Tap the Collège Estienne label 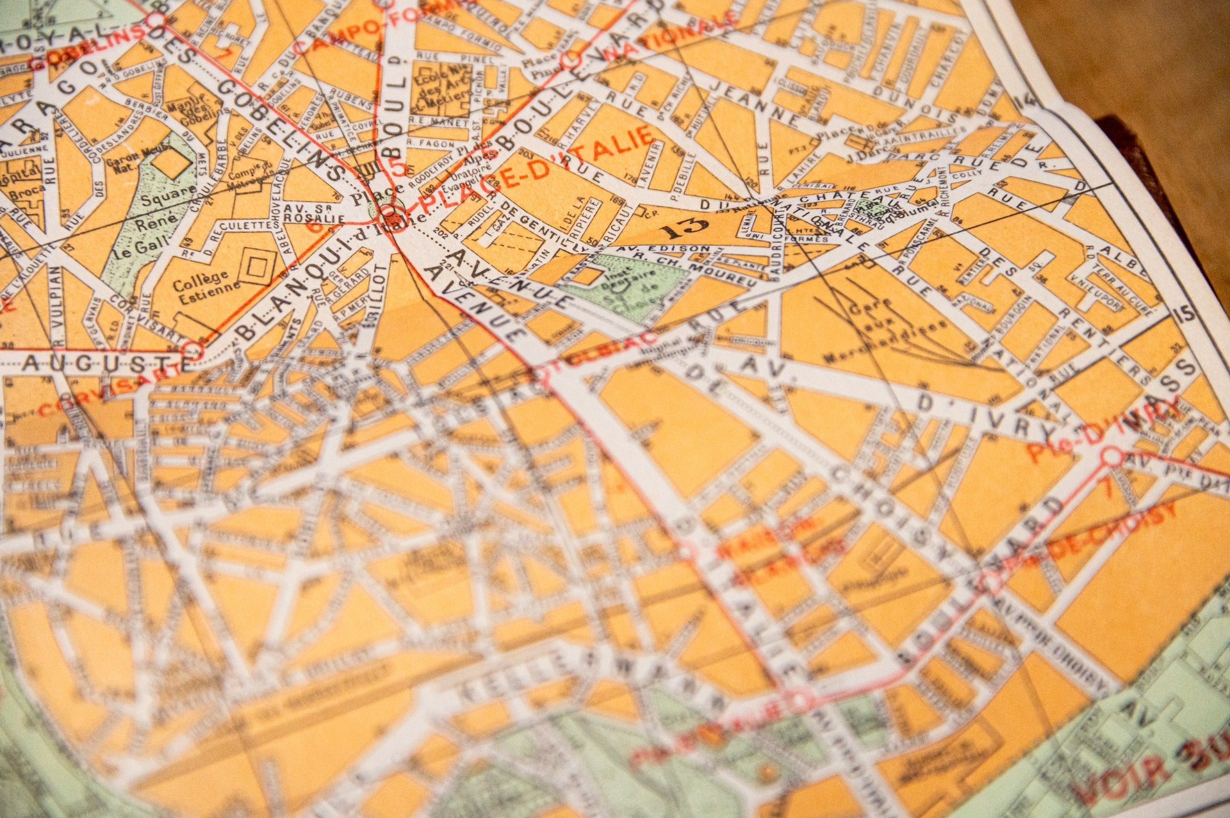(201, 282)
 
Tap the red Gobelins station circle (155, 21)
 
